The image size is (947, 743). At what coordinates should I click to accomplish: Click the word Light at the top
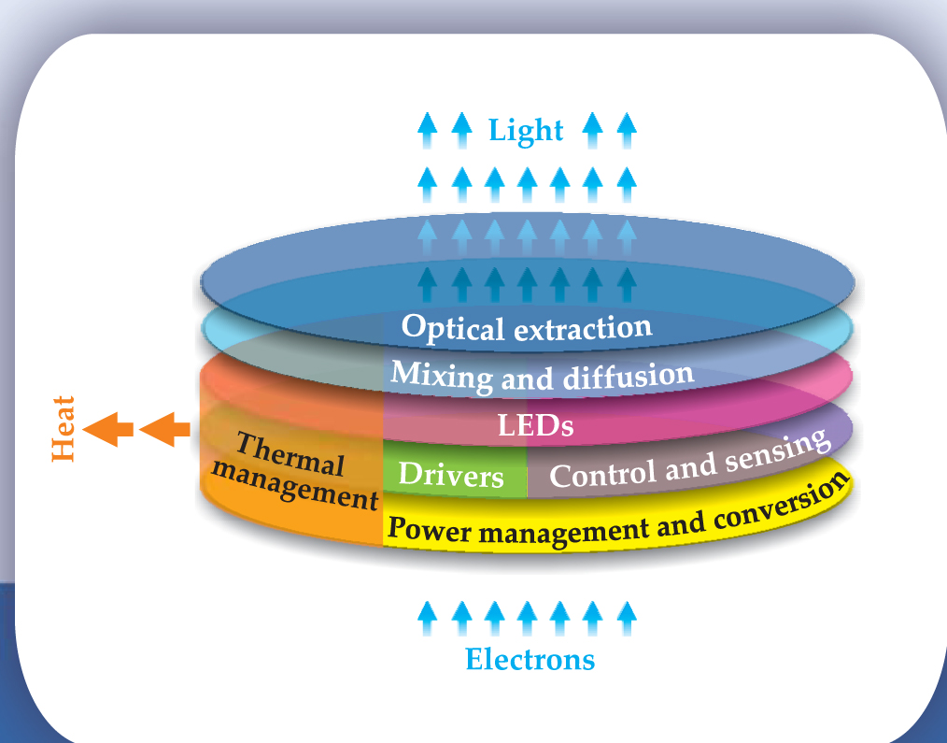526,131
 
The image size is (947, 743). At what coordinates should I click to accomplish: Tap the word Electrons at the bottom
530,660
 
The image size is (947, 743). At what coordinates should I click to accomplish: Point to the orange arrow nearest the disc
163,430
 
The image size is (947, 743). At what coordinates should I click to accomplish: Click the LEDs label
534,427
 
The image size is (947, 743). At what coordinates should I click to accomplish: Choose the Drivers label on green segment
451,476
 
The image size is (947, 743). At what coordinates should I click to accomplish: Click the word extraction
581,327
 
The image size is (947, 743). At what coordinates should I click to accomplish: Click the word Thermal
290,454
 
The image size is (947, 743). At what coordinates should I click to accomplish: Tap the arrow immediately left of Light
459,130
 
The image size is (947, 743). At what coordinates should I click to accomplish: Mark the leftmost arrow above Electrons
427,618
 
